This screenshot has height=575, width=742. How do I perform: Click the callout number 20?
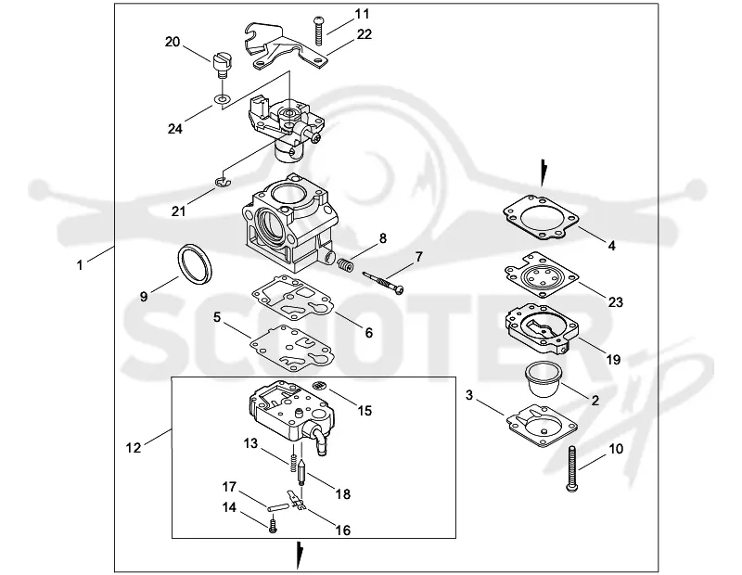coord(173,42)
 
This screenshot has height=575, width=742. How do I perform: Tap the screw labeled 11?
coord(318,31)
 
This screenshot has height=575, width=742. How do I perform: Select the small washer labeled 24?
coord(222,99)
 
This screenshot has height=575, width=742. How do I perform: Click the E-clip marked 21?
coord(222,183)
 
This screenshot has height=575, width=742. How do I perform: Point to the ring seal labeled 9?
coord(195,264)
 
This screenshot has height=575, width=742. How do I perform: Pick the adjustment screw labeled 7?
coord(383,283)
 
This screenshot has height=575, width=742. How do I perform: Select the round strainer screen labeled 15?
coord(320,384)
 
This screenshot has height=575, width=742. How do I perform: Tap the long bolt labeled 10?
coord(571,469)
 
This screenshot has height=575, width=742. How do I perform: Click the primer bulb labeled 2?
coord(544,379)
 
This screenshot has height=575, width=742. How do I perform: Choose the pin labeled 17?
coord(277,507)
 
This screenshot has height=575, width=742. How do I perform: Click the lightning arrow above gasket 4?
coord(544,173)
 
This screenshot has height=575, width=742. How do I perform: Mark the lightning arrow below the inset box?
coord(299,556)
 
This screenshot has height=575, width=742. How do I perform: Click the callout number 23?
coord(615,302)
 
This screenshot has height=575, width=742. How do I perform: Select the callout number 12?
coord(134,447)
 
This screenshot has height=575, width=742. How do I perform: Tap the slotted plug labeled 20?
coord(222,65)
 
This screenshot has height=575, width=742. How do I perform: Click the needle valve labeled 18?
coord(301,473)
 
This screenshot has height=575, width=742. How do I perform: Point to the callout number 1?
coord(80,265)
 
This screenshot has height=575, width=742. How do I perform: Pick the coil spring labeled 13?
coord(293,463)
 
